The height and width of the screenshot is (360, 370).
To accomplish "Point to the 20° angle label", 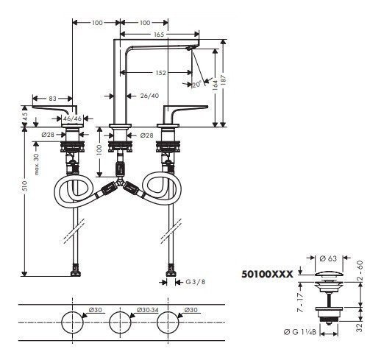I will tap(196, 84).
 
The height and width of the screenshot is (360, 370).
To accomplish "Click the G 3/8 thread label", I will tap(194, 281).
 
